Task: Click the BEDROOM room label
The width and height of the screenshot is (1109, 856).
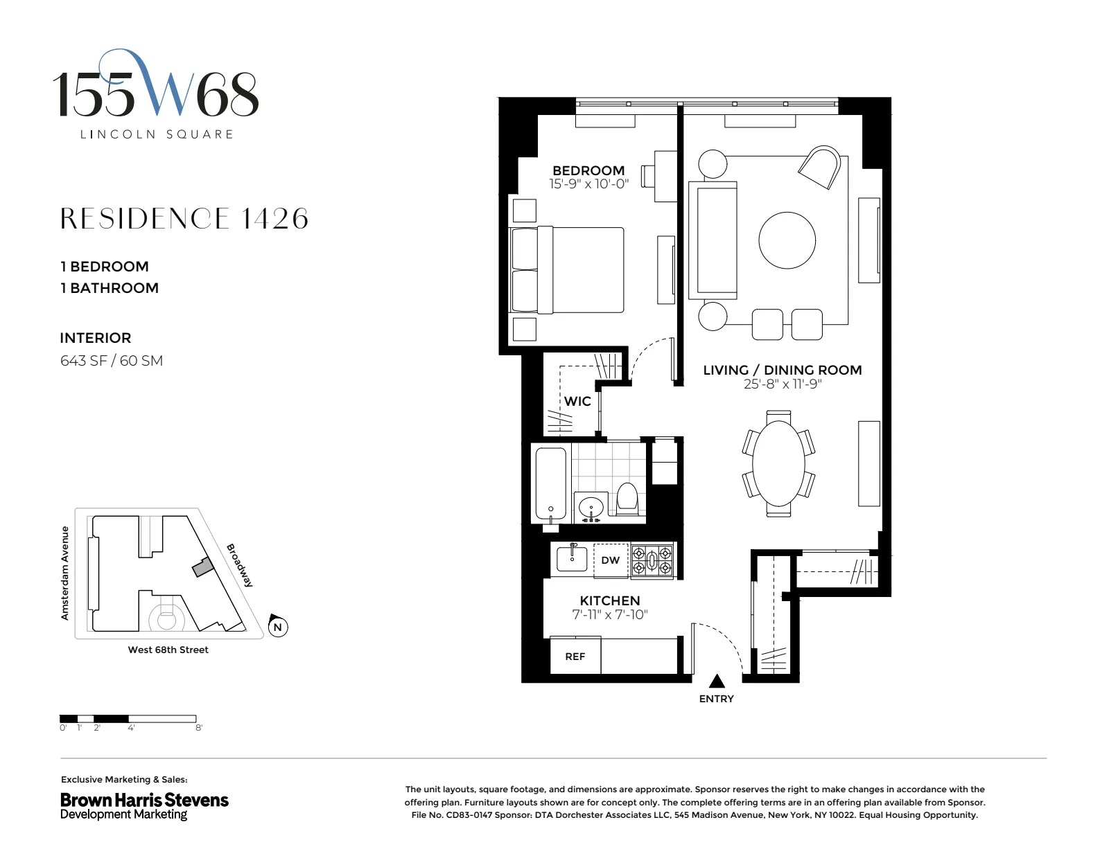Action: pyautogui.click(x=588, y=170)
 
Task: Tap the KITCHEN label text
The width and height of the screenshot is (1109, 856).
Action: pyautogui.click(x=610, y=600)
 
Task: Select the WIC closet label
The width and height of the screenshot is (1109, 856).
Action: pyautogui.click(x=577, y=401)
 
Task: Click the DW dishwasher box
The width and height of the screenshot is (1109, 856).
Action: pyautogui.click(x=611, y=560)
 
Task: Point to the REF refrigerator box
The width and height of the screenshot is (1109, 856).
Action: pyautogui.click(x=575, y=656)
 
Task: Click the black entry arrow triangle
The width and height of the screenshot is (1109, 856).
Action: pyautogui.click(x=717, y=681)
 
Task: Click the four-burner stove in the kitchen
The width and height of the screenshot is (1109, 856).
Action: pyautogui.click(x=652, y=560)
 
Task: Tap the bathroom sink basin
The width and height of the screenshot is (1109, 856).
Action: pyautogui.click(x=591, y=506)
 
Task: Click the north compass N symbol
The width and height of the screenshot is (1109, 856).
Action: pyautogui.click(x=277, y=627)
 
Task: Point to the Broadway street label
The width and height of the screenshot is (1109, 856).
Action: pyautogui.click(x=240, y=565)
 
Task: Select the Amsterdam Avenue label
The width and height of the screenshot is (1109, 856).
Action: pyautogui.click(x=65, y=573)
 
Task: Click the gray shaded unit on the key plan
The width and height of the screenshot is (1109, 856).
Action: pyautogui.click(x=202, y=568)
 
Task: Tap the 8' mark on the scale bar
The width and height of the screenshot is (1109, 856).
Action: pyautogui.click(x=199, y=728)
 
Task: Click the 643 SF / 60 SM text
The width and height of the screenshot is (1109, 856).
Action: pyautogui.click(x=112, y=360)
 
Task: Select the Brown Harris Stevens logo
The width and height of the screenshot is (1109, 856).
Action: pyautogui.click(x=144, y=805)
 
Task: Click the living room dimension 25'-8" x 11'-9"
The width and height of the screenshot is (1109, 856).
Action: pyautogui.click(x=782, y=384)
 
